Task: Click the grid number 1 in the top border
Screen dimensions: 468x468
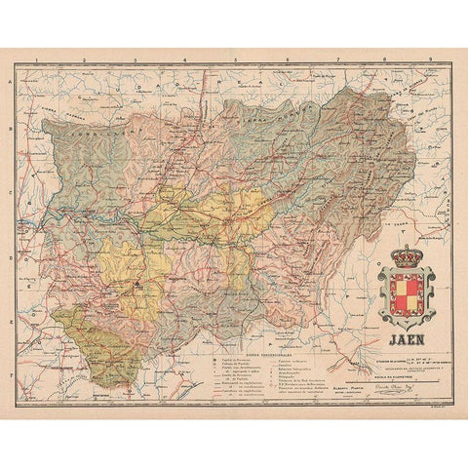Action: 35,59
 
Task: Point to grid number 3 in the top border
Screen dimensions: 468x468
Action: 136,59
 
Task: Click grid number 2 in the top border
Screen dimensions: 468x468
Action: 86,59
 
